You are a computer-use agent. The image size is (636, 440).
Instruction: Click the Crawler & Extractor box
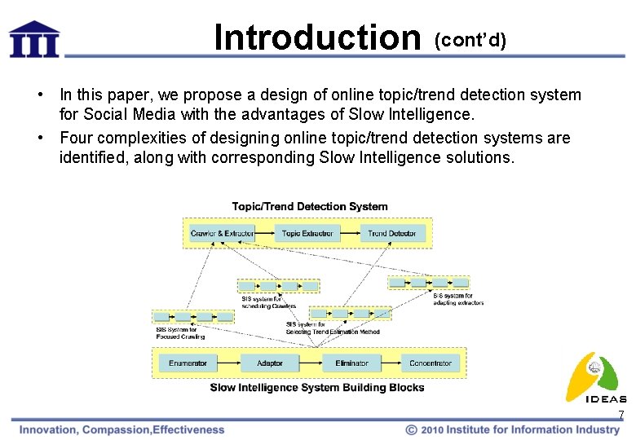point(222,234)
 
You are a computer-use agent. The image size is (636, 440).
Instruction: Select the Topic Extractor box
point(307,234)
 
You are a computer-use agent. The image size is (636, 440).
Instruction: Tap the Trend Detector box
point(391,234)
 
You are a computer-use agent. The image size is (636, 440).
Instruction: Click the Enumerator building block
point(188,363)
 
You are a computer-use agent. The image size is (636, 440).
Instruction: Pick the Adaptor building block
point(270,363)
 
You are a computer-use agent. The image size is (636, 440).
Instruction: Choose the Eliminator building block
point(351,363)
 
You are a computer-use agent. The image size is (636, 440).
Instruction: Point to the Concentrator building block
point(431,363)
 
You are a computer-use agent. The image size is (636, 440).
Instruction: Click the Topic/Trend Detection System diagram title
point(310,207)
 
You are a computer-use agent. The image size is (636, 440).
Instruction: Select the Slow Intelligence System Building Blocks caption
point(317,388)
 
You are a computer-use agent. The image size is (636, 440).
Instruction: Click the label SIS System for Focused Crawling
point(180,332)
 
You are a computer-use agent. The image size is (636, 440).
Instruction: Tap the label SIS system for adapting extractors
point(457,299)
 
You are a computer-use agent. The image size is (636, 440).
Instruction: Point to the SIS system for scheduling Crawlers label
point(268,302)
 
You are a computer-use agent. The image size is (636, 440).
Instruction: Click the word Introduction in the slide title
point(316,37)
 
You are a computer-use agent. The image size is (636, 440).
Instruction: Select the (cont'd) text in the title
point(470,41)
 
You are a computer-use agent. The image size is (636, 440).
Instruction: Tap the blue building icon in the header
point(34,39)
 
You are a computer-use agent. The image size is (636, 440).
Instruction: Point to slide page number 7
point(621,416)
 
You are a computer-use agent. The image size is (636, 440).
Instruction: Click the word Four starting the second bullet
point(76,138)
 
